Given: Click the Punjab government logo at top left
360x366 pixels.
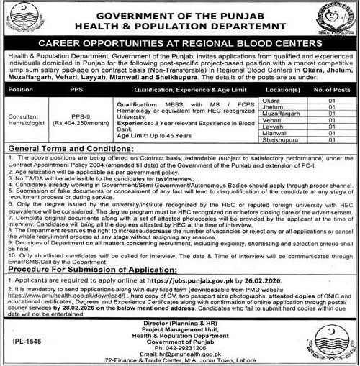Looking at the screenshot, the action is tap(21, 22).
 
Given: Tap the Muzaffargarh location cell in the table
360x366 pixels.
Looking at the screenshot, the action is tap(282, 114).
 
